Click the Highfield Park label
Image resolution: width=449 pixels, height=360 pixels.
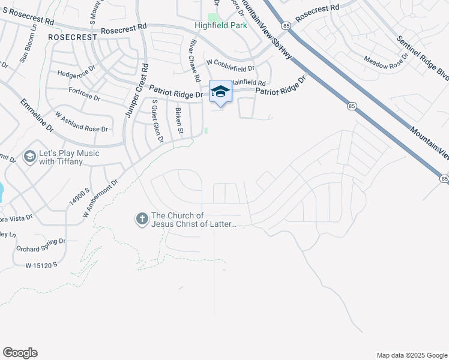[x=220, y=25]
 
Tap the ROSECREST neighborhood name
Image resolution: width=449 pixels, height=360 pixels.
[x=73, y=37]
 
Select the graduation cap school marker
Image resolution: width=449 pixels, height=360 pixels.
[x=220, y=92]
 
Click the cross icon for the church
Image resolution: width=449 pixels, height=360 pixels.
[x=142, y=219]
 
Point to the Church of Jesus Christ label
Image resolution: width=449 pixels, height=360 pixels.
[x=194, y=220]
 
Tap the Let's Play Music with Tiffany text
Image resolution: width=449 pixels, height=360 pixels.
[x=70, y=157]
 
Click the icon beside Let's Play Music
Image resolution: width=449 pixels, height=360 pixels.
[x=29, y=157]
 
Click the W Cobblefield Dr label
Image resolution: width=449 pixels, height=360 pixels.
[x=231, y=62]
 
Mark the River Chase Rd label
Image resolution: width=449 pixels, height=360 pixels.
[x=194, y=61]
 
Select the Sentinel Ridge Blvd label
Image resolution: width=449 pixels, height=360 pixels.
[x=423, y=57]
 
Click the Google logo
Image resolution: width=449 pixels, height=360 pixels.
[x=20, y=353]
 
